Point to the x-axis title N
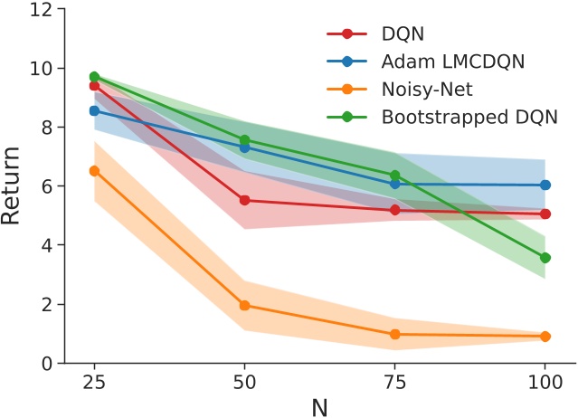(319, 405)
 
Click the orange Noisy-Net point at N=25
(94, 171)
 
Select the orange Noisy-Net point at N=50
(244, 305)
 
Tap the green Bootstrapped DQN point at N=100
(545, 258)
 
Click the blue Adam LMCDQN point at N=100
(545, 185)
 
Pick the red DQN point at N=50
(244, 200)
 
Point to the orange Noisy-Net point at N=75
(394, 334)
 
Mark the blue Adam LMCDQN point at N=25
(94, 110)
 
